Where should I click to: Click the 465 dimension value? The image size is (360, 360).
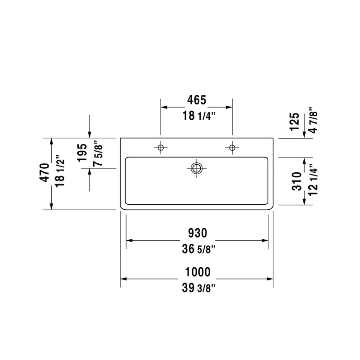(197, 100)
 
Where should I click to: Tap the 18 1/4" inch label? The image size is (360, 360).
(199, 116)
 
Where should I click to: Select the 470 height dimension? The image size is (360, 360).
(45, 172)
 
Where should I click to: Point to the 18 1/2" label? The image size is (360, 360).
(60, 171)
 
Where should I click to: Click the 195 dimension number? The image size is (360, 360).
(82, 153)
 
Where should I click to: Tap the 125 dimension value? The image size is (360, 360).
(295, 121)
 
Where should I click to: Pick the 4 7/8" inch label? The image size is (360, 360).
(313, 120)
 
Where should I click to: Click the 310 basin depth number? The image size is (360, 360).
(297, 181)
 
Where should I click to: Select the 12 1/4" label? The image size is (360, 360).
(313, 180)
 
